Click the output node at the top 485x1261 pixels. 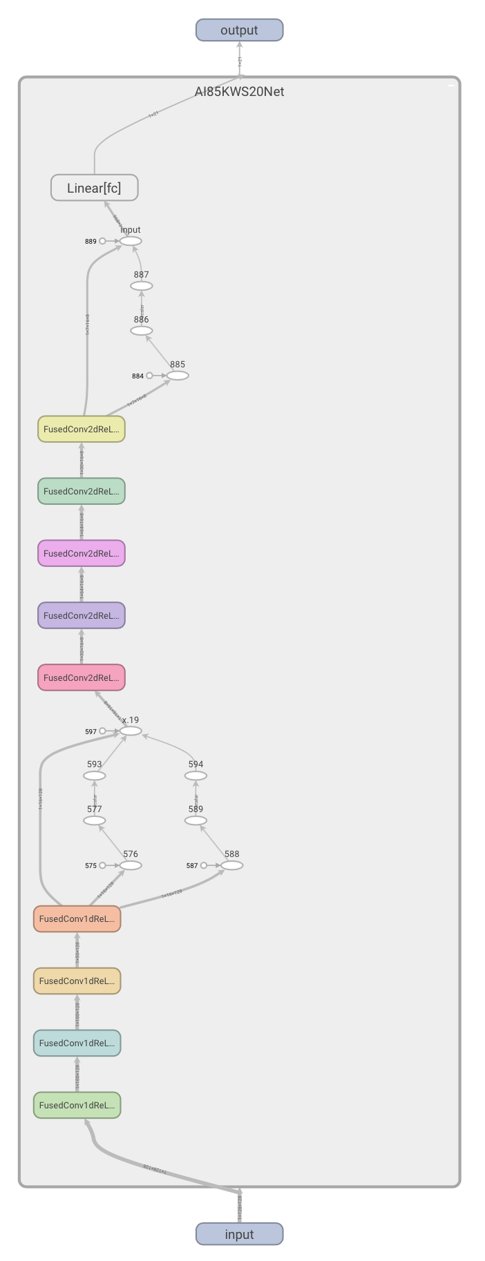239,30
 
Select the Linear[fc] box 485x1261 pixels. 95,188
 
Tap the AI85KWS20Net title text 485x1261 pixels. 239,92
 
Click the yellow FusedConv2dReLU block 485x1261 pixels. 82,429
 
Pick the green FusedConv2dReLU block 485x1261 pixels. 82,491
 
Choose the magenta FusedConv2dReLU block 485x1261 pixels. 82,553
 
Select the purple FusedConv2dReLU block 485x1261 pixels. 82,615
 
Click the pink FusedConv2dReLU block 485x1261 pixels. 82,677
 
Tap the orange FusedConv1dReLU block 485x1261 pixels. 77,918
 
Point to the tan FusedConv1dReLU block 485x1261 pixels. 77,981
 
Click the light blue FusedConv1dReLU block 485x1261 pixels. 77,1043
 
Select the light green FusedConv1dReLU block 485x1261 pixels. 77,1105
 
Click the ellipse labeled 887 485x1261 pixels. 142,286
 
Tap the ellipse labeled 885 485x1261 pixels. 178,376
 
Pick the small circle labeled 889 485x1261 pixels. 103,241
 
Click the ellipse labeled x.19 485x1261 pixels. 131,731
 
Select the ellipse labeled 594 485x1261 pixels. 196,776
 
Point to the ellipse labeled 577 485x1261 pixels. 95,820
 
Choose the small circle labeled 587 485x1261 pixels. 204,865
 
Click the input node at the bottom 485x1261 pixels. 239,1234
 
